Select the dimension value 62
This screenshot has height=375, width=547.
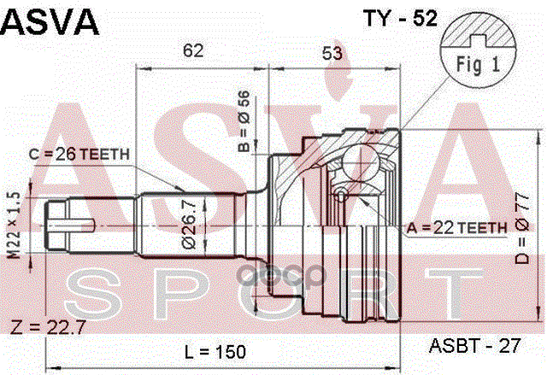pos(194,50)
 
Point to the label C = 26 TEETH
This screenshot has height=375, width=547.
pos(79,155)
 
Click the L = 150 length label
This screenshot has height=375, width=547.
pos(214,351)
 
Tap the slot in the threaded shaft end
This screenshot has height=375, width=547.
pos(79,226)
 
